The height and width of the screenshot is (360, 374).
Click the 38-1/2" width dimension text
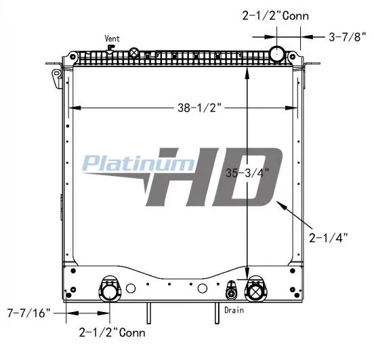pyautogui.click(x=200, y=108)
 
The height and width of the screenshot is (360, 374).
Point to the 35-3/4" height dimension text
pyautogui.click(x=247, y=173)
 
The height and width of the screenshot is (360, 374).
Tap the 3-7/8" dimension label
pyautogui.click(x=348, y=37)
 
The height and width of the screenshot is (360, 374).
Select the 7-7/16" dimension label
pyautogui.click(x=29, y=313)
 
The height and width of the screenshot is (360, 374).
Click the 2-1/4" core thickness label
pyautogui.click(x=329, y=238)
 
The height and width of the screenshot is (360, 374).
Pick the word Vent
pyautogui.click(x=112, y=39)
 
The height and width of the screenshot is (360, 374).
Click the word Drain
pyautogui.click(x=234, y=310)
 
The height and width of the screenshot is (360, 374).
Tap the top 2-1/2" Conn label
pyautogui.click(x=276, y=16)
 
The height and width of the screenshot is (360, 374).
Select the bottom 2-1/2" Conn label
pyautogui.click(x=112, y=333)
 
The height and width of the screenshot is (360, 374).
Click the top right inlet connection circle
pyautogui.click(x=277, y=54)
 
